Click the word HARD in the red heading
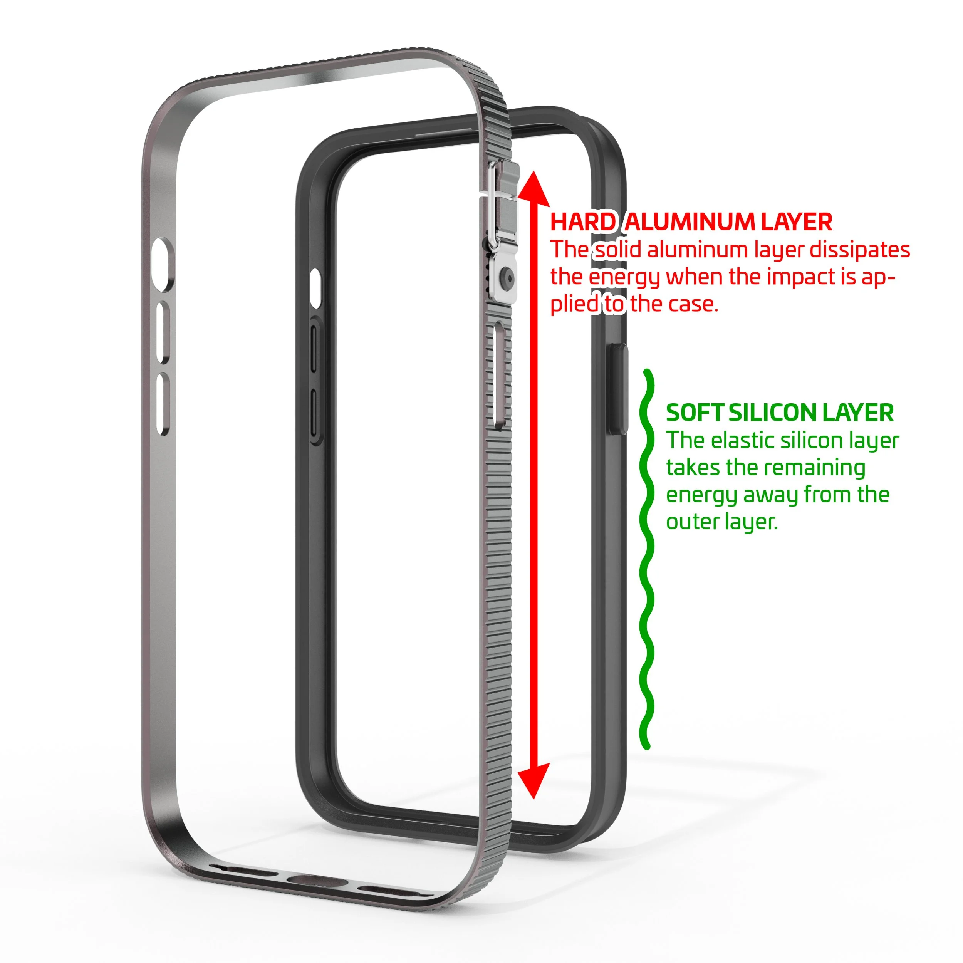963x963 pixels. pos(583,222)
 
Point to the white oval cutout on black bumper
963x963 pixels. pos(315,288)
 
